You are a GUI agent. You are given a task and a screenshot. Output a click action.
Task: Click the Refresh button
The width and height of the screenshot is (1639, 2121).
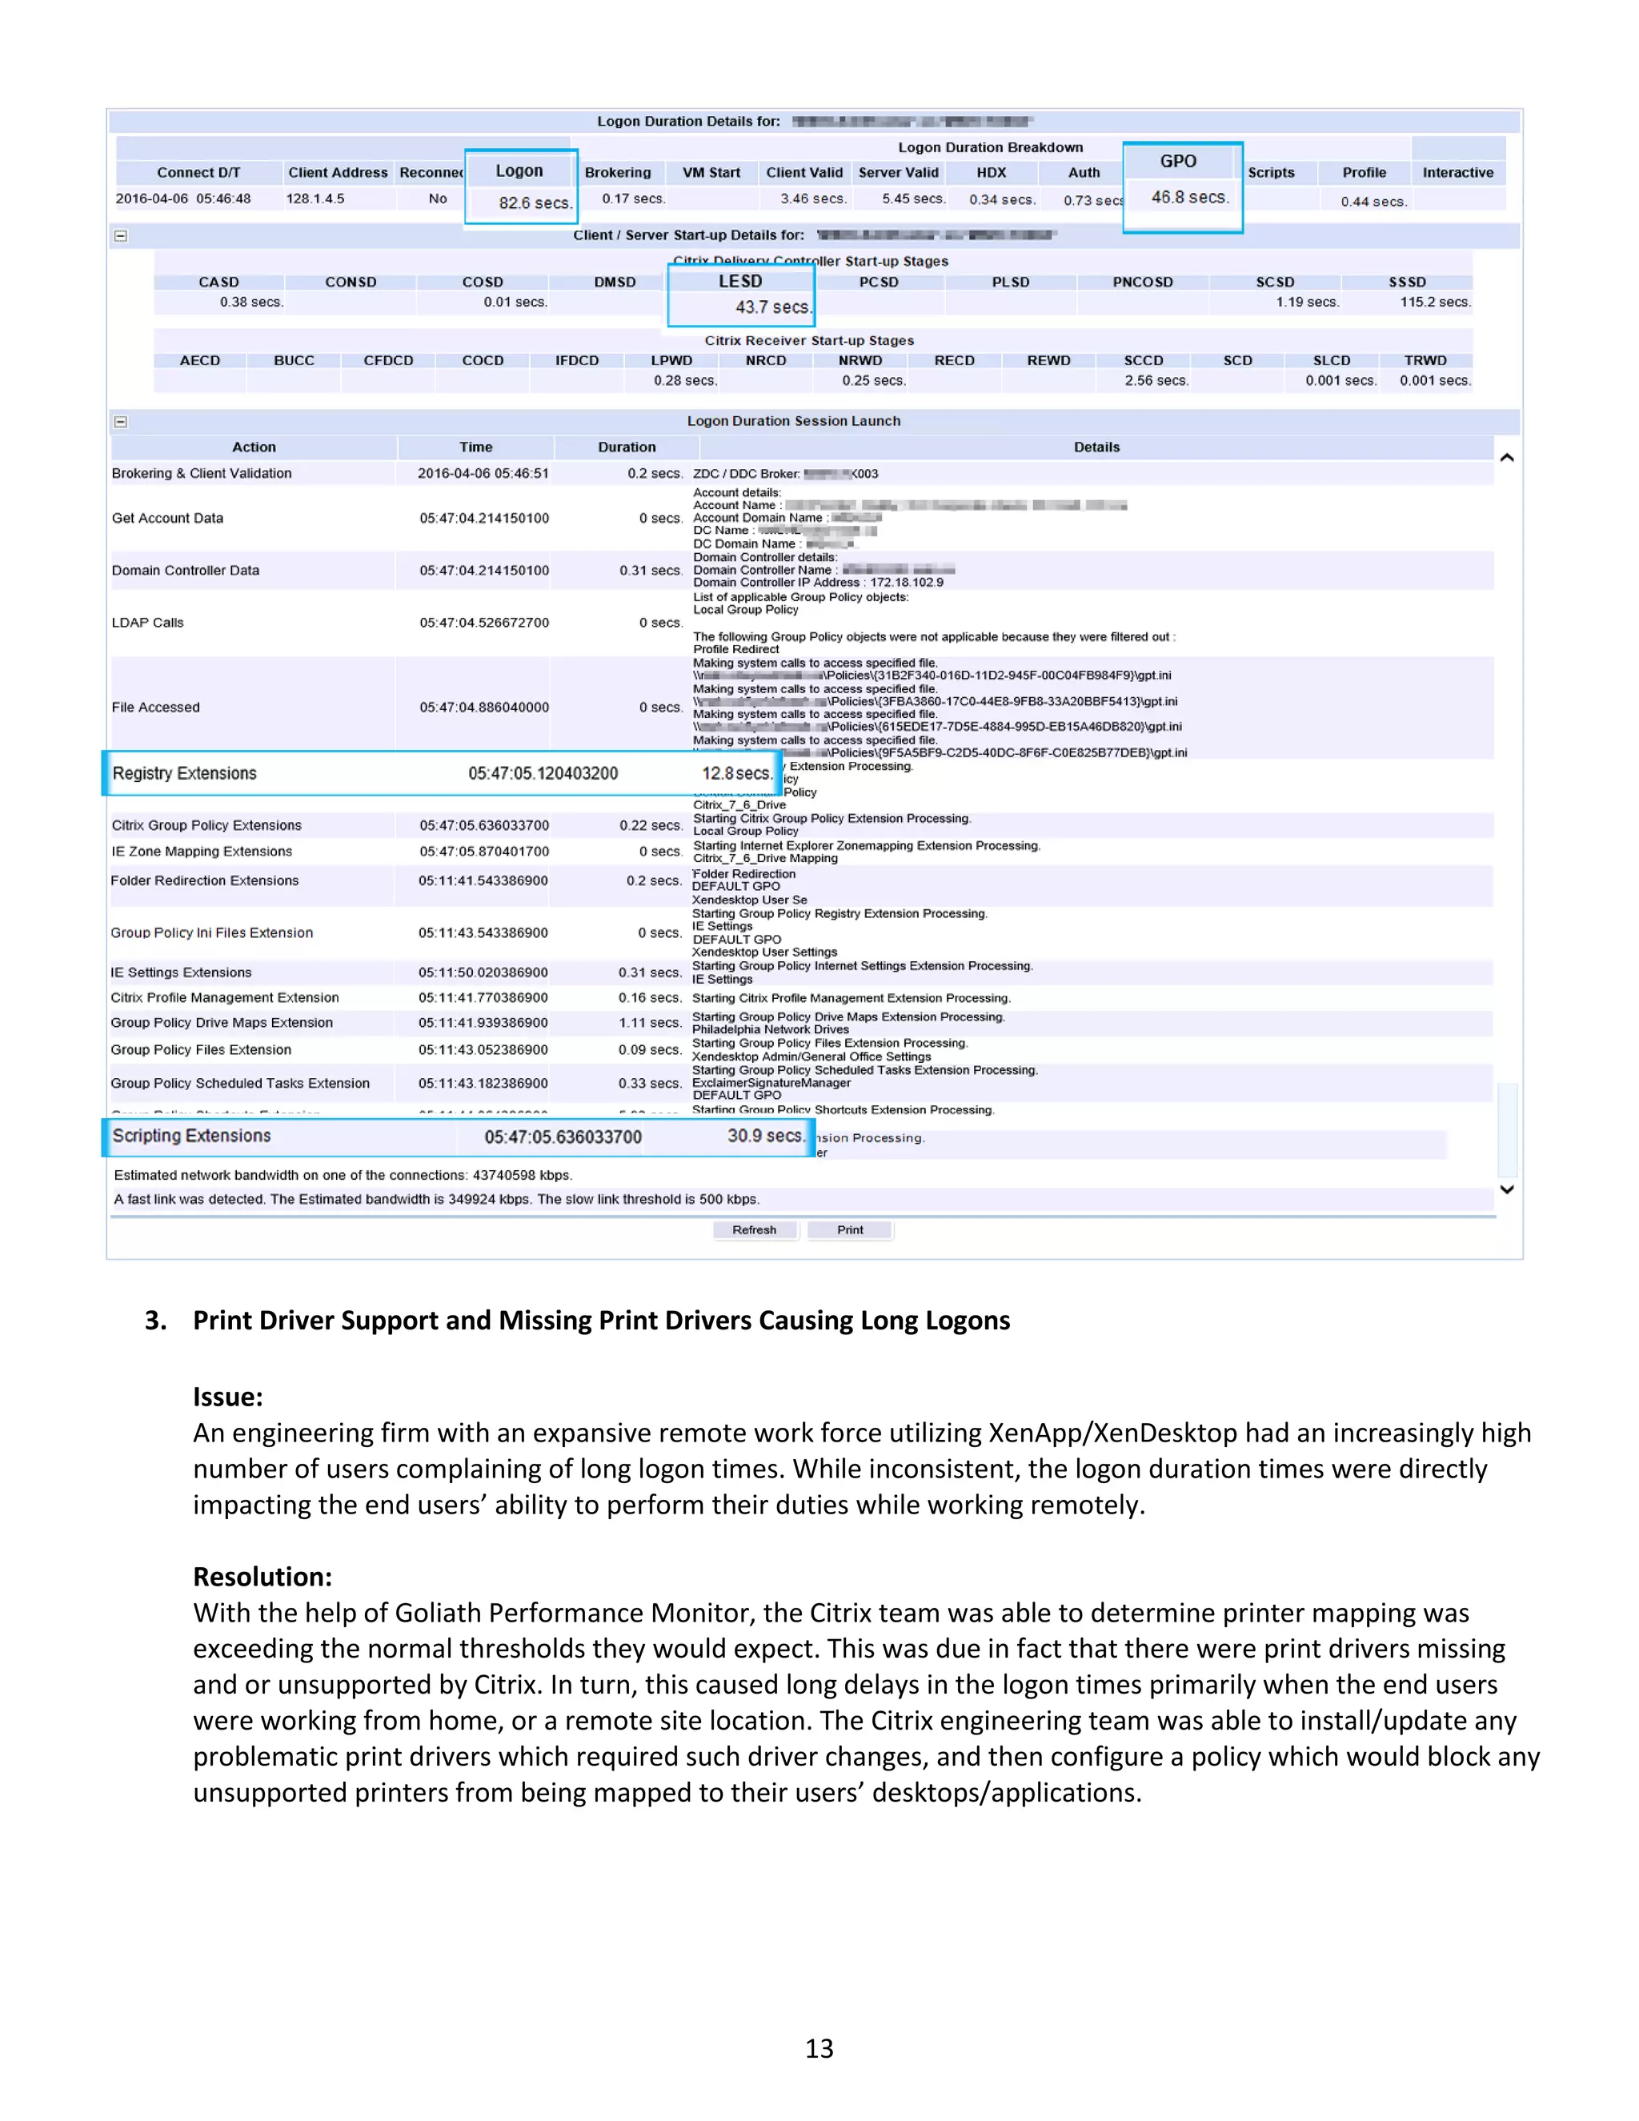[x=755, y=1229]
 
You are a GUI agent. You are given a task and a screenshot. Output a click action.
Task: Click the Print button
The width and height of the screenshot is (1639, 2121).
[x=850, y=1229]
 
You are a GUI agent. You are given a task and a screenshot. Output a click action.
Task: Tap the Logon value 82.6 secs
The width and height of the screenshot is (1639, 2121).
[x=534, y=203]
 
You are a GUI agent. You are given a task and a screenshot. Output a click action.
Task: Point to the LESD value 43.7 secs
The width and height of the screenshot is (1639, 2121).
[x=772, y=307]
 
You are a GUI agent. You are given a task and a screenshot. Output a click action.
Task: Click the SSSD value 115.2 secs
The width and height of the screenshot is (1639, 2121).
[x=1434, y=302]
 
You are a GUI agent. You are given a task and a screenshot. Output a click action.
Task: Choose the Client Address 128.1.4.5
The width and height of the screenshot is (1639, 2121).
[x=315, y=198]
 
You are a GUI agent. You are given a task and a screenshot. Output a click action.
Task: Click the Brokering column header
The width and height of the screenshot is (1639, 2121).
[x=618, y=173]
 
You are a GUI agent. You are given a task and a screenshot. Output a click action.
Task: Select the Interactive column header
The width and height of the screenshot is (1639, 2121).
[x=1457, y=173]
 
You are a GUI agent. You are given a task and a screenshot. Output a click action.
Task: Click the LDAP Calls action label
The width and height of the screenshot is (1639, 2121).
[x=147, y=623]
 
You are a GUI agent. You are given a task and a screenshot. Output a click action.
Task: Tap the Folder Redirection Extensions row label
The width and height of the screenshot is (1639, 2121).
[x=205, y=881]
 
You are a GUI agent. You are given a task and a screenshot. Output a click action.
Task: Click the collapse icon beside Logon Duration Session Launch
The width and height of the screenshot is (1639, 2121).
[x=120, y=422]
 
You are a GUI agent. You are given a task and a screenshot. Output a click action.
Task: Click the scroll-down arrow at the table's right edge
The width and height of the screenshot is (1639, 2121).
[x=1507, y=1189]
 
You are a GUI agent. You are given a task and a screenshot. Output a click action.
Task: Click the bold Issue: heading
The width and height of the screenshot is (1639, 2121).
[x=228, y=1397]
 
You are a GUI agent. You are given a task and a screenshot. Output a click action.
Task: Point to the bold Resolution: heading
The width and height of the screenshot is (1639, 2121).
[x=262, y=1576]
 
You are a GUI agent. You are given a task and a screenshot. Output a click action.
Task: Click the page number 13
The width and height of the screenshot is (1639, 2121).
[x=819, y=2048]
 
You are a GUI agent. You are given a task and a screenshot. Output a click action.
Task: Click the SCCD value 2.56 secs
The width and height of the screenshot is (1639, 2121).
[x=1156, y=381]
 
